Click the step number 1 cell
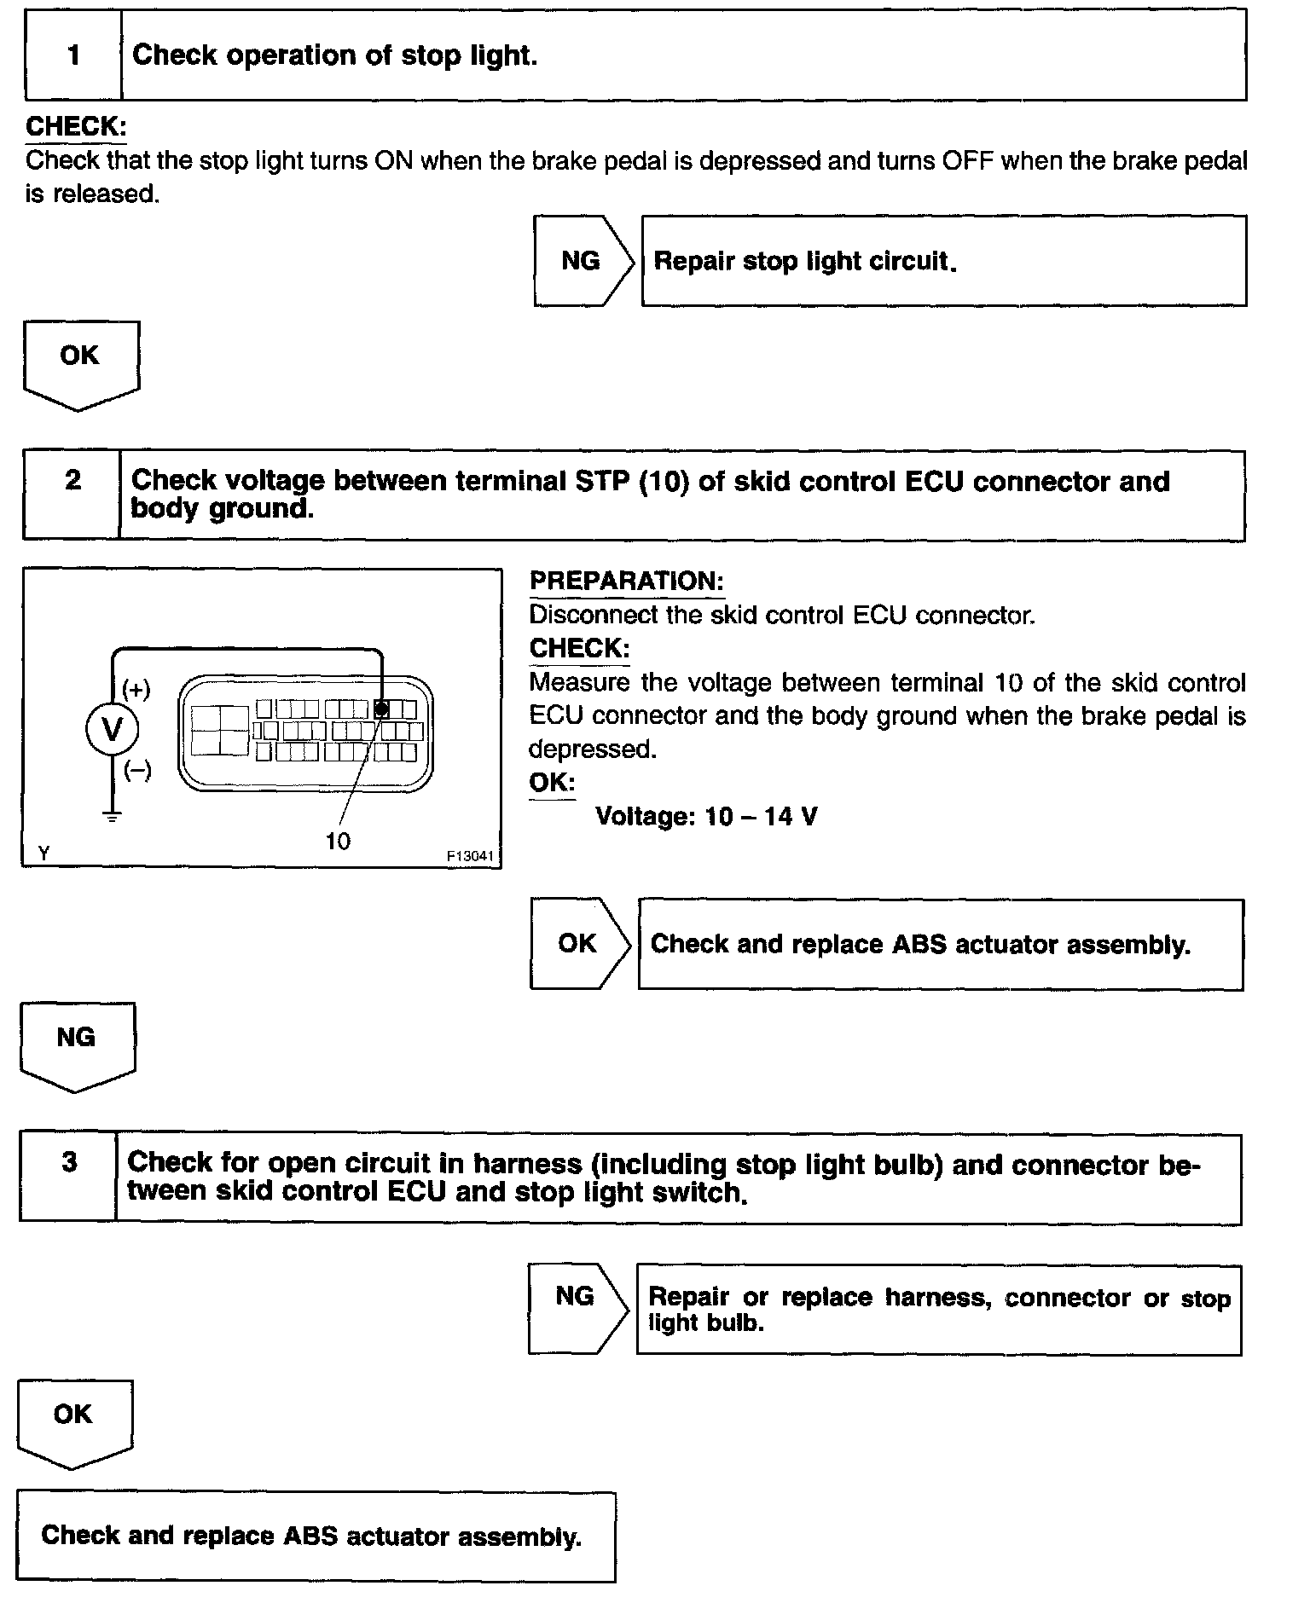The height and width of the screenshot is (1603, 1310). pyautogui.click(x=73, y=55)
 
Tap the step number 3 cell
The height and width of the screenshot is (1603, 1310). pyautogui.click(x=69, y=1177)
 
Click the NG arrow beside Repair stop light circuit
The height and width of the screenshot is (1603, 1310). pyautogui.click(x=583, y=261)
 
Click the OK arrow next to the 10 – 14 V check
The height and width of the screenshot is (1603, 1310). pyautogui.click(x=579, y=943)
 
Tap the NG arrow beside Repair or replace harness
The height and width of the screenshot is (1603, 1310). pyautogui.click(x=577, y=1309)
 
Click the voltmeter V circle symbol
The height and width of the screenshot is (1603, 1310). pyautogui.click(x=112, y=730)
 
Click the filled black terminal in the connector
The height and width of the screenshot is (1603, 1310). pyautogui.click(x=382, y=709)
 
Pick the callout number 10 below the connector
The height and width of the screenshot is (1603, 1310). pyautogui.click(x=338, y=842)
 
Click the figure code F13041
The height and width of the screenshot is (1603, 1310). pyautogui.click(x=470, y=855)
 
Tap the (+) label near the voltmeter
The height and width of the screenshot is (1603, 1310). pyautogui.click(x=136, y=689)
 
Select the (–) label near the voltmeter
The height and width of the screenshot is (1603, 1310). pyautogui.click(x=137, y=771)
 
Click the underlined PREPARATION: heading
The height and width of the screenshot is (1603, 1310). pyautogui.click(x=626, y=582)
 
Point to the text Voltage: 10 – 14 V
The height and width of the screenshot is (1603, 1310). pyautogui.click(x=706, y=817)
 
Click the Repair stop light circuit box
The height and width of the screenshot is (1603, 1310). pyautogui.click(x=943, y=261)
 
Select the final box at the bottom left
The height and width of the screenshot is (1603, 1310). pyautogui.click(x=316, y=1536)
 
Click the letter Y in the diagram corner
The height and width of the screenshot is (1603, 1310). pyautogui.click(x=43, y=853)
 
